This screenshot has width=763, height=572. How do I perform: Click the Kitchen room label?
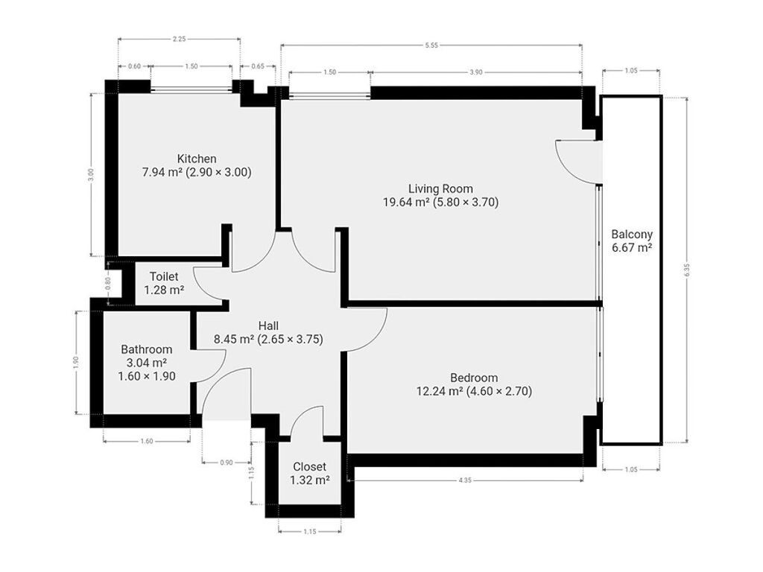pos(197,159)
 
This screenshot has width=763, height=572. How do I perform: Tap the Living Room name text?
pos(440,188)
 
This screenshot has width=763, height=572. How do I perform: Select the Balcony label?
pos(632,234)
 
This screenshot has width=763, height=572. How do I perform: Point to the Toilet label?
pos(164,276)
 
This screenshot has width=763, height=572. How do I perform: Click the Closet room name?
pos(309,467)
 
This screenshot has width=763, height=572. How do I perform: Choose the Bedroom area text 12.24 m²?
pos(440,391)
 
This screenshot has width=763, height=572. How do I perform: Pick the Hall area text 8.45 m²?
pos(233,339)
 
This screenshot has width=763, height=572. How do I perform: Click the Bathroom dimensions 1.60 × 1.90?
pos(147,376)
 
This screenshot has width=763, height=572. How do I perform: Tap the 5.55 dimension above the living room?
pos(431,45)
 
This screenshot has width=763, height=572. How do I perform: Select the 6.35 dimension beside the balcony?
pos(686,270)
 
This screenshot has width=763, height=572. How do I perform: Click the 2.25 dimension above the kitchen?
pos(179,39)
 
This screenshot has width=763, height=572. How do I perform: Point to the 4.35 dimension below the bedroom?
pos(465,480)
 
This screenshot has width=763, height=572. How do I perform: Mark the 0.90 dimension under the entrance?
pos(227,463)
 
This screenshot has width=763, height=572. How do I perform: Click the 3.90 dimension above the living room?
pos(476,72)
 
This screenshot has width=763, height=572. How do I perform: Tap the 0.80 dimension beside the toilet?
pos(108,283)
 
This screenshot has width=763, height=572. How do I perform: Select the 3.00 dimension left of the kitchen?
pos(90,175)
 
